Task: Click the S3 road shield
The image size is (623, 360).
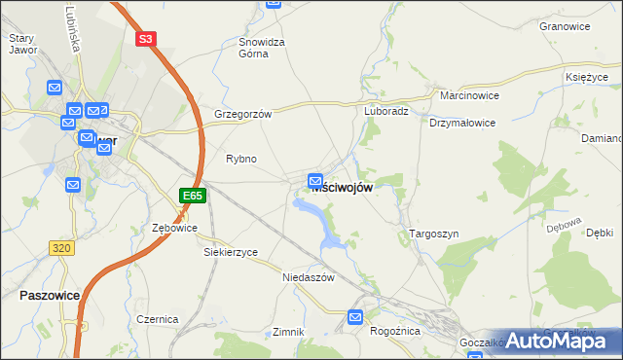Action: (145, 39)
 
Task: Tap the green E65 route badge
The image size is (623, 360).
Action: (192, 196)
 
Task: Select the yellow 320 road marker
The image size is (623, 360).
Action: (61, 248)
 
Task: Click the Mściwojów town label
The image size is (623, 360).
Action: (342, 188)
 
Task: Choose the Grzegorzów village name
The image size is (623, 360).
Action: (242, 113)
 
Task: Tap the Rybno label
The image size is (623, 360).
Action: (241, 159)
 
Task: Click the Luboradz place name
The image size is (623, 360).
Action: (386, 111)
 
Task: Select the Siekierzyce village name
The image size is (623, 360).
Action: (231, 252)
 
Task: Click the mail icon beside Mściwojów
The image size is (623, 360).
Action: (315, 180)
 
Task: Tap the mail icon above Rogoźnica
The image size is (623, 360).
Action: (355, 316)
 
